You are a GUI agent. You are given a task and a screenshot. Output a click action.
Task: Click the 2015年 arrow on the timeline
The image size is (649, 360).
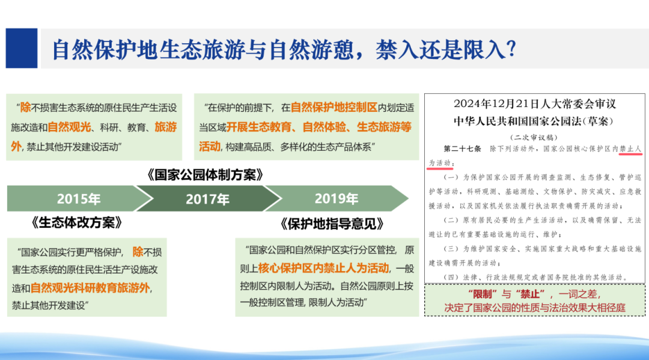(78, 198)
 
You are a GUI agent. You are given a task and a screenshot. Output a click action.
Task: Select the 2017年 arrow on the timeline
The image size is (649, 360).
(207, 198)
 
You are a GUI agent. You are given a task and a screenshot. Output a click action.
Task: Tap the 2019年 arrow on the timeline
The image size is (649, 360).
(336, 198)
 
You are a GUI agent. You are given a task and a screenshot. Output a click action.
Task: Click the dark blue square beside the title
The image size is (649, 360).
(22, 48)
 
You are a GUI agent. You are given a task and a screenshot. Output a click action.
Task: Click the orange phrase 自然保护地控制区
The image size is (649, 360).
(334, 108)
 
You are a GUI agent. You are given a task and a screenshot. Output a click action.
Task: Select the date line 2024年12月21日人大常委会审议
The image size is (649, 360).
(534, 103)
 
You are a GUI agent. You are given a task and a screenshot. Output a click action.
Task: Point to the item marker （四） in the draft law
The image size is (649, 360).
(449, 278)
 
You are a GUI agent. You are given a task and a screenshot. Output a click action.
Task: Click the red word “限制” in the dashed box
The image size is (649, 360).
(481, 294)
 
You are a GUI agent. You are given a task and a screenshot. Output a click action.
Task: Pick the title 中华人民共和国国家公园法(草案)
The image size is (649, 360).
(534, 120)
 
